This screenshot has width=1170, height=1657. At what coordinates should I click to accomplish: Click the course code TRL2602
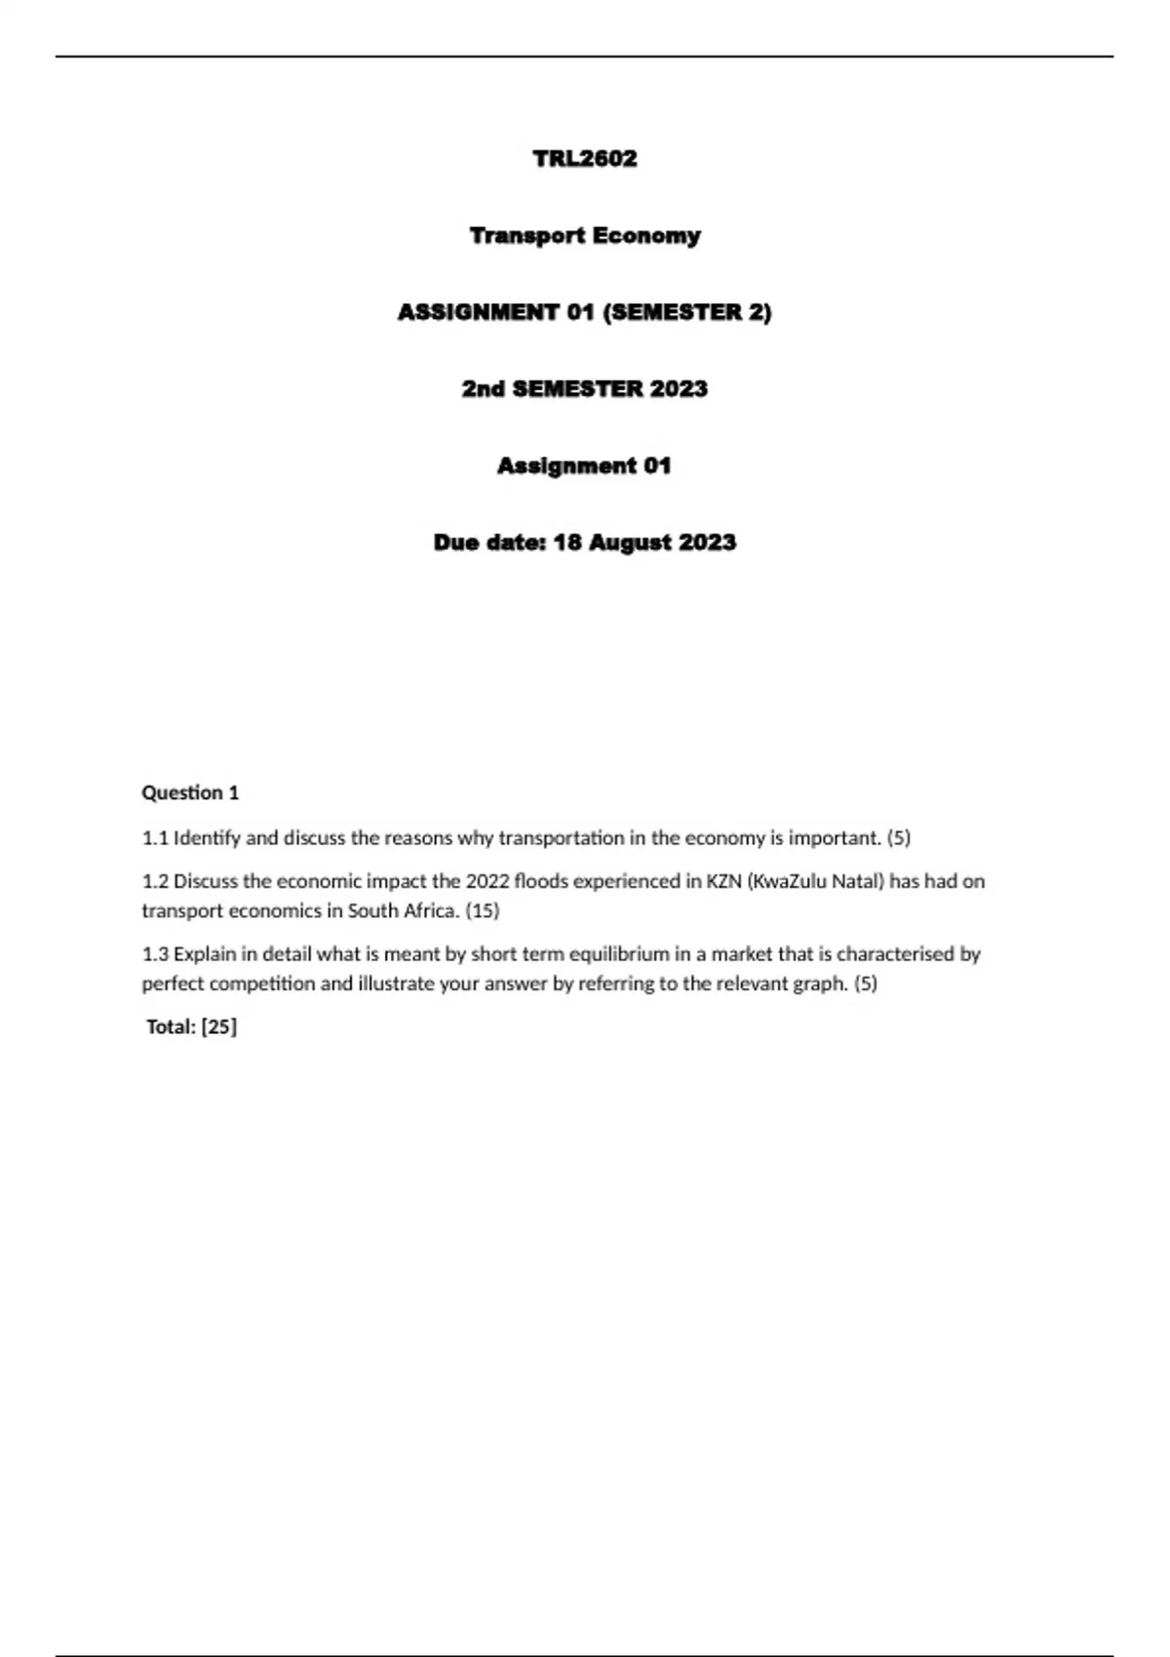[584, 159]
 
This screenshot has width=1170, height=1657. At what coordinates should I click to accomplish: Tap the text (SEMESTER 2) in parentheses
[688, 313]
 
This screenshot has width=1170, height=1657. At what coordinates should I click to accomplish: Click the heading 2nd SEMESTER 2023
[584, 389]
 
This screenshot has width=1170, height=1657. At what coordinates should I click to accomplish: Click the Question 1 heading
[190, 792]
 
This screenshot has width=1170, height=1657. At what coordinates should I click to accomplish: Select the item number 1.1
[155, 838]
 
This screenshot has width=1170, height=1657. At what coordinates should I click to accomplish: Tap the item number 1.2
[155, 881]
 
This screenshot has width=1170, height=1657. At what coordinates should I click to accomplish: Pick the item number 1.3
[155, 954]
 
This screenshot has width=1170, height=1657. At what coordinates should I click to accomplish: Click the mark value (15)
[483, 910]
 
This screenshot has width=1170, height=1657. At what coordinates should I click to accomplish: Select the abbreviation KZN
[723, 881]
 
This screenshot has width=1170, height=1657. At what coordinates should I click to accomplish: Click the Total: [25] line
[192, 1026]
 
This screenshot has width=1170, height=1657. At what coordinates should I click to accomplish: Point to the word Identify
[207, 838]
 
